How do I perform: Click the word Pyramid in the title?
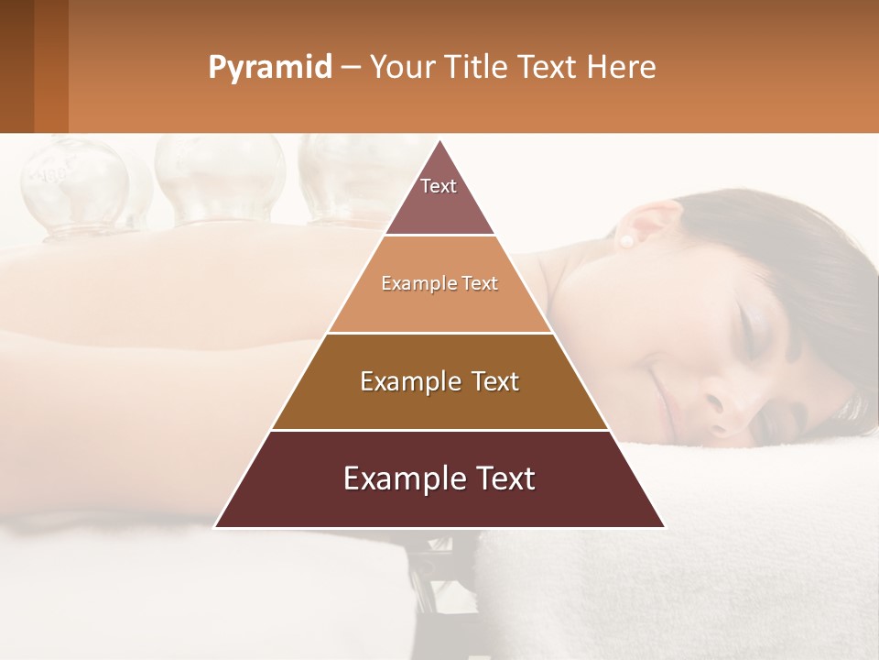[x=269, y=68]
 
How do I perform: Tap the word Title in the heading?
[x=476, y=67]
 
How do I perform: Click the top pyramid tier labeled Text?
[x=439, y=196]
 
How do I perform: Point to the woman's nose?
[x=732, y=412]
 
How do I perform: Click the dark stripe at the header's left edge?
[x=16, y=66]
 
